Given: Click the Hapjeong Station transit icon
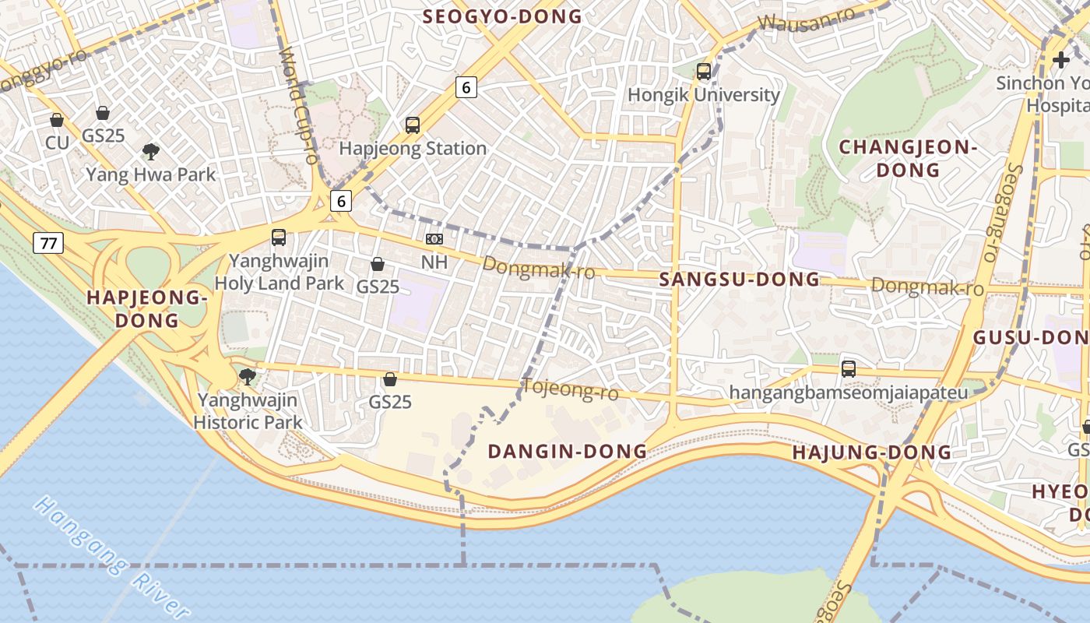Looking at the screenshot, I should pos(413,125).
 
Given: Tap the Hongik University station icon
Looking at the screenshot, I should pos(704,72).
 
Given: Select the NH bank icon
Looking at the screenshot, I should pos(434,239).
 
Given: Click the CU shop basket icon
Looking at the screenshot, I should pos(57,120).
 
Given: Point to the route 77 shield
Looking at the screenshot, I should pos(48,243).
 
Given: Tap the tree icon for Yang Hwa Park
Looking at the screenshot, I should pos(151,151).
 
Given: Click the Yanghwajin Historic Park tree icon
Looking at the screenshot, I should pos(248,377).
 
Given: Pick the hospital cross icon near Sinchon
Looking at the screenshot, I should pos(1060,59).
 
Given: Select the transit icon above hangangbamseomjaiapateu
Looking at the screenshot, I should pos(849,368).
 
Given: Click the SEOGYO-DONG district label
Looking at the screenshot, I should pos(502,16).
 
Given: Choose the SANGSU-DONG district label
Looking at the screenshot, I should pos(739,280).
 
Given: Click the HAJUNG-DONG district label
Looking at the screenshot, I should pos(871,452).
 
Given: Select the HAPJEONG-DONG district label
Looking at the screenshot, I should pos(146,308).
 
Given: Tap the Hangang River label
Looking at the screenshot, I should pos(112,558).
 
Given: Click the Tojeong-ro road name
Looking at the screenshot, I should pos(570,389).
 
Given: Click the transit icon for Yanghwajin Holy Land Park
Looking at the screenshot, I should pos(279,238).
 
